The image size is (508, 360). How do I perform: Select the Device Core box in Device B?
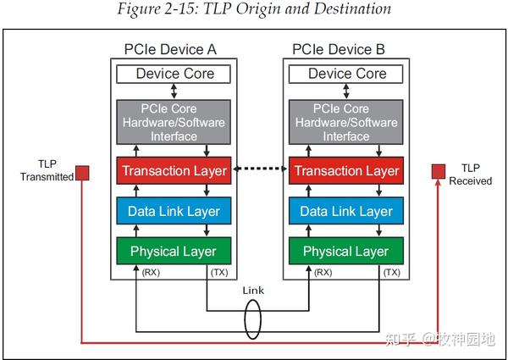pos(347,74)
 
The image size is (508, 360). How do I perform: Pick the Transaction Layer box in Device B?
pos(347,170)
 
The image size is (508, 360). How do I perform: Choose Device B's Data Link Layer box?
pos(347,211)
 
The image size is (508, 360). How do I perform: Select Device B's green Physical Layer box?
pos(347,251)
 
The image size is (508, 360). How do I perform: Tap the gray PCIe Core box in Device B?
pos(347,122)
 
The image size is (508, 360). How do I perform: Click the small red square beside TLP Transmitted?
pos(82,176)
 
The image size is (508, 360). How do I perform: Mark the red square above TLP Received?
pos(439,172)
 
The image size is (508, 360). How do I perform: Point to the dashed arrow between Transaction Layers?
pos(261,170)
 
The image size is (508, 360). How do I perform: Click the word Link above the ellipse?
pos(253,290)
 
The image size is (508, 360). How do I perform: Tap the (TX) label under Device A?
pos(218,273)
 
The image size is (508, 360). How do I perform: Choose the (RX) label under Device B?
pos(323,273)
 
